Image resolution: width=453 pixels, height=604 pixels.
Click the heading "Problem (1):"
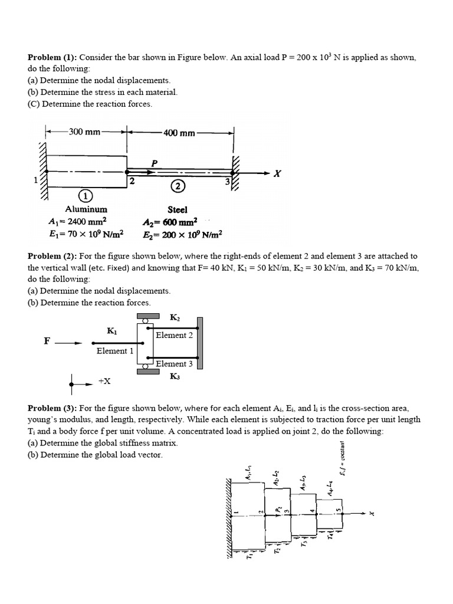pyautogui.click(x=52, y=58)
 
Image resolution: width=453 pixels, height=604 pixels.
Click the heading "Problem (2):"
pyautogui.click(x=52, y=257)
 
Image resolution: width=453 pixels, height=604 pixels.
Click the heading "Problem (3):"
pyautogui.click(x=52, y=408)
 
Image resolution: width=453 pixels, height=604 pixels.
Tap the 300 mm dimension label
pyautogui.click(x=84, y=132)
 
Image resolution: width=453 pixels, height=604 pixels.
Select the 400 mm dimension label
pyautogui.click(x=179, y=133)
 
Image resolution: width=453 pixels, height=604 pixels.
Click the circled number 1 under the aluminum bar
pyautogui.click(x=84, y=195)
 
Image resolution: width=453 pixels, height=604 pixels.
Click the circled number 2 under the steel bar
pyautogui.click(x=178, y=187)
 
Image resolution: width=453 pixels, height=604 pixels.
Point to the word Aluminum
pyautogui.click(x=86, y=209)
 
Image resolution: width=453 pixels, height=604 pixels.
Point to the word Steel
pyautogui.click(x=178, y=209)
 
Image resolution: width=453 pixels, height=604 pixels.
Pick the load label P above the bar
pyautogui.click(x=155, y=162)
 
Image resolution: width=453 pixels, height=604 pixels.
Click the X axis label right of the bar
pyautogui.click(x=278, y=173)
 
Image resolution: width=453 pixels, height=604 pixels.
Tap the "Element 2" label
pyautogui.click(x=175, y=335)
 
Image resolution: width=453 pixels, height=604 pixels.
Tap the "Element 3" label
pyautogui.click(x=175, y=364)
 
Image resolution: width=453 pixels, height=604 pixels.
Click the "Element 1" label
pyautogui.click(x=115, y=351)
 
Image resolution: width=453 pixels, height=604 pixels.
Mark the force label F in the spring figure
pyautogui.click(x=47, y=341)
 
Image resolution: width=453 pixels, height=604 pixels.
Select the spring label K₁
pyautogui.click(x=111, y=331)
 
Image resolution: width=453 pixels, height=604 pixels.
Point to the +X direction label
pyautogui.click(x=104, y=382)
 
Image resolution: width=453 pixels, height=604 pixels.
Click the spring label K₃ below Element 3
pyautogui.click(x=175, y=376)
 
